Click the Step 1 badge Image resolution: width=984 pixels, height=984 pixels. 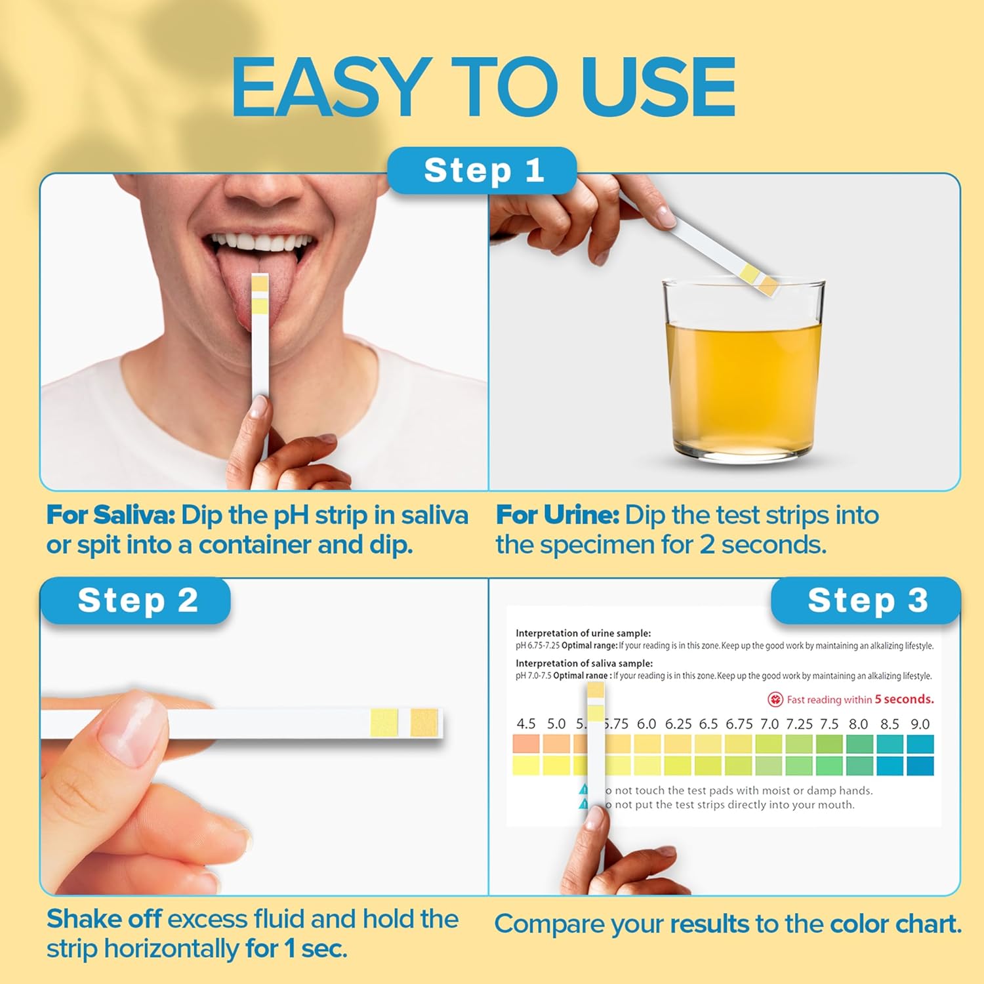point(482,171)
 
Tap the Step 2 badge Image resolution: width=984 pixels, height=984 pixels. point(137,600)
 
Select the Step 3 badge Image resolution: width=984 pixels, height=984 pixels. point(867,600)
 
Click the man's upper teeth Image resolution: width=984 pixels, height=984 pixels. point(262,242)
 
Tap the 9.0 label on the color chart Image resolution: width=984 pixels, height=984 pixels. point(920,724)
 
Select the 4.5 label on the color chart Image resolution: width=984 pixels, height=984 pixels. point(525,724)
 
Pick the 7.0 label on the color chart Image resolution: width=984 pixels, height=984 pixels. point(769,724)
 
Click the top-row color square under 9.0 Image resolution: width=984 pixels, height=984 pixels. point(920,744)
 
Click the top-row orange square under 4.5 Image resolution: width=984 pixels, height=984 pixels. point(525,744)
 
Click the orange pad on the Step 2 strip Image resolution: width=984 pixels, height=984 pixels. point(424,722)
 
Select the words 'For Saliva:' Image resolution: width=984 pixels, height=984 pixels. point(110,516)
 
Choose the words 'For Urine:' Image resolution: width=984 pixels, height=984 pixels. point(557,516)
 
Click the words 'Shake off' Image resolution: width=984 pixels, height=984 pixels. point(104,919)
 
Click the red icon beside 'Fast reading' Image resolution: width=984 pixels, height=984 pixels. point(775,699)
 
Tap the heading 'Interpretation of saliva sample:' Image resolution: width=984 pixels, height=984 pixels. point(584,663)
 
